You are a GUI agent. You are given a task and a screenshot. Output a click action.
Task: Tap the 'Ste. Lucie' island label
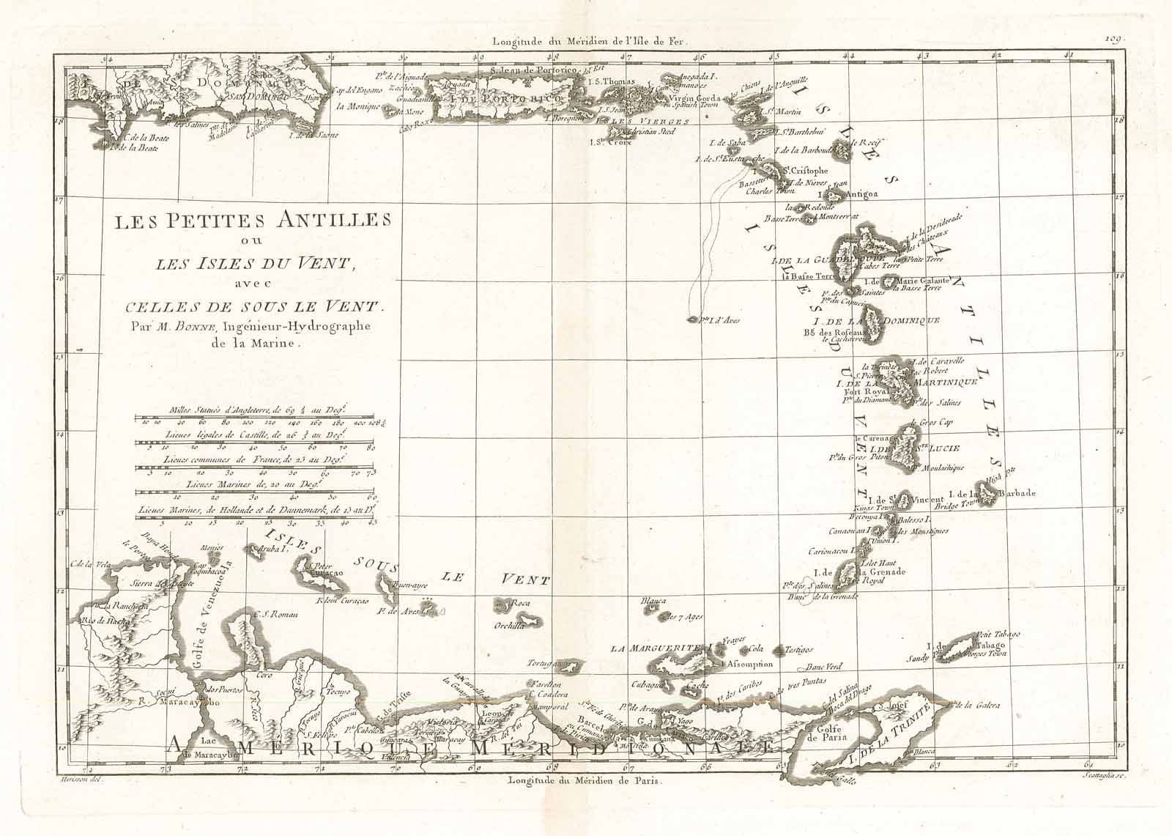935,448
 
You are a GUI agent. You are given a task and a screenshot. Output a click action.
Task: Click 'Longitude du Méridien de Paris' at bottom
584,781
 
